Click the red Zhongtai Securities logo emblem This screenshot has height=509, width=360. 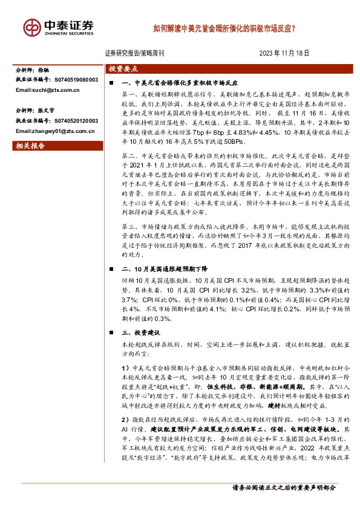click(x=32, y=27)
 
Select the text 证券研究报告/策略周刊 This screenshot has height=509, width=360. click(x=130, y=53)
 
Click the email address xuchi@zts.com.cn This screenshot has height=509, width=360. click(x=48, y=90)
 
